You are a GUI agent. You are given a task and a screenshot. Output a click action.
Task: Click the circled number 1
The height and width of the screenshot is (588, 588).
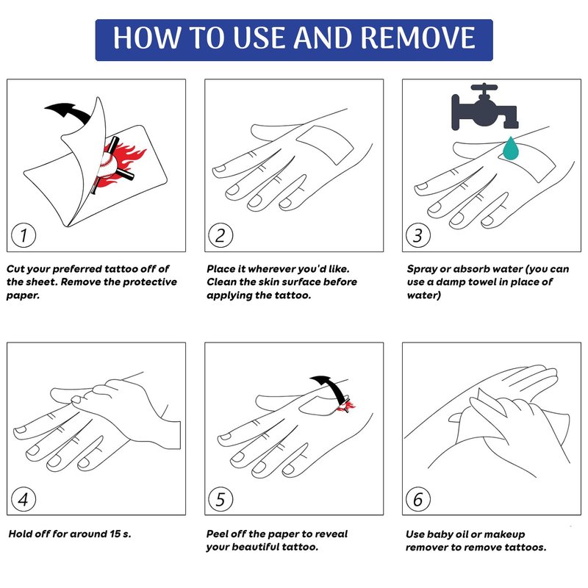tap(24, 235)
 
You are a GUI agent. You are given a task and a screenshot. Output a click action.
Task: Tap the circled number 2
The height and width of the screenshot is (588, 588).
tap(220, 235)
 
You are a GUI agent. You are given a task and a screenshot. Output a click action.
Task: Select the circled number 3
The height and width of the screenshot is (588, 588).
tap(418, 235)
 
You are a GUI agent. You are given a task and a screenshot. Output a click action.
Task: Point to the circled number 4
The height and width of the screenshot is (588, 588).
tap(24, 499)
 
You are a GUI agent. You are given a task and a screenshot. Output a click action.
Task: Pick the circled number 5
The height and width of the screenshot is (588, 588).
tap(220, 499)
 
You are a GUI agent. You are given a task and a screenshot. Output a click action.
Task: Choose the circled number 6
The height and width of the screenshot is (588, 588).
tap(418, 499)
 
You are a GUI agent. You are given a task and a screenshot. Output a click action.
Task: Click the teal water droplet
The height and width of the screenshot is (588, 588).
tap(511, 148)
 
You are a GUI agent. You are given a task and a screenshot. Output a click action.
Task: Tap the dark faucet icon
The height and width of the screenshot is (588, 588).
tap(485, 107)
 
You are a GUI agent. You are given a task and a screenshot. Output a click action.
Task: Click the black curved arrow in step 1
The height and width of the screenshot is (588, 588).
tap(69, 112)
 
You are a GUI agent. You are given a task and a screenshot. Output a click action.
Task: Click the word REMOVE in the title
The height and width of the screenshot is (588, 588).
tap(418, 38)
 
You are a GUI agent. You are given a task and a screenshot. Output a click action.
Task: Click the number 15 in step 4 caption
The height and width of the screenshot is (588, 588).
tap(115, 534)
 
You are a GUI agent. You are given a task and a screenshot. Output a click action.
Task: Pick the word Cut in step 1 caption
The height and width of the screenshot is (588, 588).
tap(15, 269)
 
